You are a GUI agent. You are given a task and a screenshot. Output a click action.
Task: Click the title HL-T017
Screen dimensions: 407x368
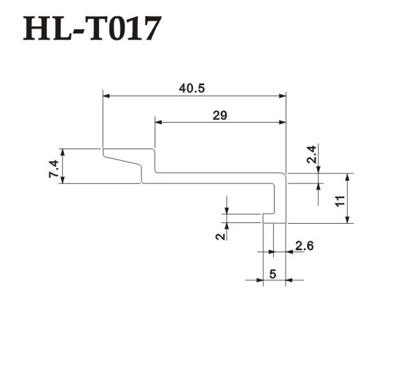pyautogui.click(x=93, y=29)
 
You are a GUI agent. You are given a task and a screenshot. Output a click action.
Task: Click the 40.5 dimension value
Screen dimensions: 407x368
pyautogui.click(x=192, y=89)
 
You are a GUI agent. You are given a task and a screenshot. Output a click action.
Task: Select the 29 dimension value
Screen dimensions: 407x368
pyautogui.click(x=220, y=116)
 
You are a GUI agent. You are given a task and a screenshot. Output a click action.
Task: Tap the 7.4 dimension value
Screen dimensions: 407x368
pyautogui.click(x=54, y=169)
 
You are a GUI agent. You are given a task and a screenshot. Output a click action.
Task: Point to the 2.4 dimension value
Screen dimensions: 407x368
pyautogui.click(x=312, y=155)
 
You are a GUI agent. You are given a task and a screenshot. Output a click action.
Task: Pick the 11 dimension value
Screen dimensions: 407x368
pyautogui.click(x=340, y=201)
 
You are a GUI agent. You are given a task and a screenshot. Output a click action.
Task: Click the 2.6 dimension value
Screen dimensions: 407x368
pyautogui.click(x=305, y=246)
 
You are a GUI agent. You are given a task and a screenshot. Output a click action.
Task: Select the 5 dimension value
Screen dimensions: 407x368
pyautogui.click(x=272, y=274)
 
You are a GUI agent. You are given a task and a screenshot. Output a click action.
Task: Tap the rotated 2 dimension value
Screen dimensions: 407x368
pyautogui.click(x=221, y=236)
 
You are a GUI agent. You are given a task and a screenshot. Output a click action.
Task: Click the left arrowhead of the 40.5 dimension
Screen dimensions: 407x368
pyautogui.click(x=107, y=96)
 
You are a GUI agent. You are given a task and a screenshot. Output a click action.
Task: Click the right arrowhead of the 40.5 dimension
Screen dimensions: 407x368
pyautogui.click(x=282, y=96)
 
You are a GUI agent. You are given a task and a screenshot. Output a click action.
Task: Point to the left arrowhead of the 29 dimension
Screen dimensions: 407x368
pyautogui.click(x=159, y=122)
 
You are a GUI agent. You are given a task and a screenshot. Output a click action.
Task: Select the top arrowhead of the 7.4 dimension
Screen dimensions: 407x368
pyautogui.click(x=62, y=153)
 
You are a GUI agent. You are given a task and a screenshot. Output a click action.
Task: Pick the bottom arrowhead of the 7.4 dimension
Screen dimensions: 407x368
pyautogui.click(x=62, y=180)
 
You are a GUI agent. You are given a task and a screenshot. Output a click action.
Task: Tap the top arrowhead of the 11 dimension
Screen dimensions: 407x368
pyautogui.click(x=348, y=177)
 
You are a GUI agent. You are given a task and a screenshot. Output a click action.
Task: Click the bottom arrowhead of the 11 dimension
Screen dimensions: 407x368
pyautogui.click(x=348, y=220)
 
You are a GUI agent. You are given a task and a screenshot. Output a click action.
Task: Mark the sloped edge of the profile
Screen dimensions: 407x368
pyautogui.click(x=121, y=160)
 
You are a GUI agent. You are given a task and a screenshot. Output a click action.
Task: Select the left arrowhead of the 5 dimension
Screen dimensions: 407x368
pyautogui.click(x=259, y=280)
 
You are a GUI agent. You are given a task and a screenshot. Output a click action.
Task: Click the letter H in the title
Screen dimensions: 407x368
pyautogui.click(x=35, y=29)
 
